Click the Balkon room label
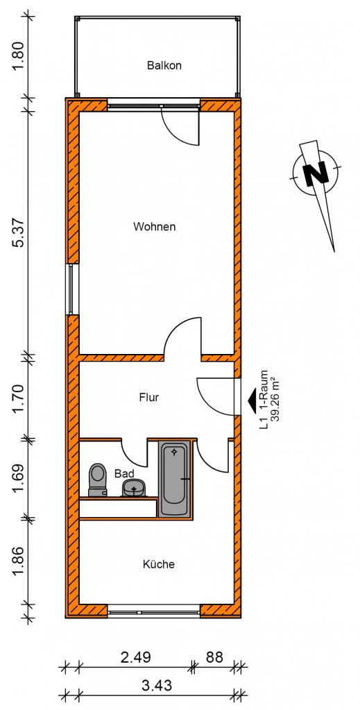(x=164, y=65)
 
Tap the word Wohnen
(x=154, y=226)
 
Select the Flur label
(x=149, y=398)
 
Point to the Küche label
(x=158, y=564)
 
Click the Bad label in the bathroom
(x=124, y=473)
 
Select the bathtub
(x=174, y=479)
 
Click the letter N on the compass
(x=316, y=173)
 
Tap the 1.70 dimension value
(x=19, y=398)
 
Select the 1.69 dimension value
(x=19, y=479)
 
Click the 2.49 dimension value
(x=136, y=657)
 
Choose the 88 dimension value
(x=214, y=657)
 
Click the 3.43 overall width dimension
(x=157, y=686)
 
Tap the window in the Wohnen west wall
(x=71, y=289)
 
